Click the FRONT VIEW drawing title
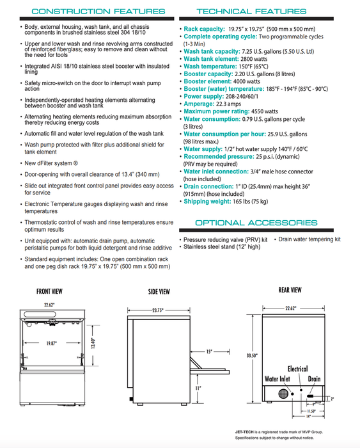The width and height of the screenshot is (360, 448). pos(49,291)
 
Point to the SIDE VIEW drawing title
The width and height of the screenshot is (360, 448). pos(159,291)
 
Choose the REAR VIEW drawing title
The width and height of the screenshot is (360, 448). pos(290,289)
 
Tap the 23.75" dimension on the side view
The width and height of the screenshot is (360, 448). pos(159,310)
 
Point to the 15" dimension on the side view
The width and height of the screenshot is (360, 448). pos(210,351)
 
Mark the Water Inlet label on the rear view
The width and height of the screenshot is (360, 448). pos(278,379)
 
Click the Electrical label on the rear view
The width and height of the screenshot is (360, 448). pos(297,369)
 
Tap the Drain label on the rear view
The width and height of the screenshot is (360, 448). pos(314,379)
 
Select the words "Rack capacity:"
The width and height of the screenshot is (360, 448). pos(204,29)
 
